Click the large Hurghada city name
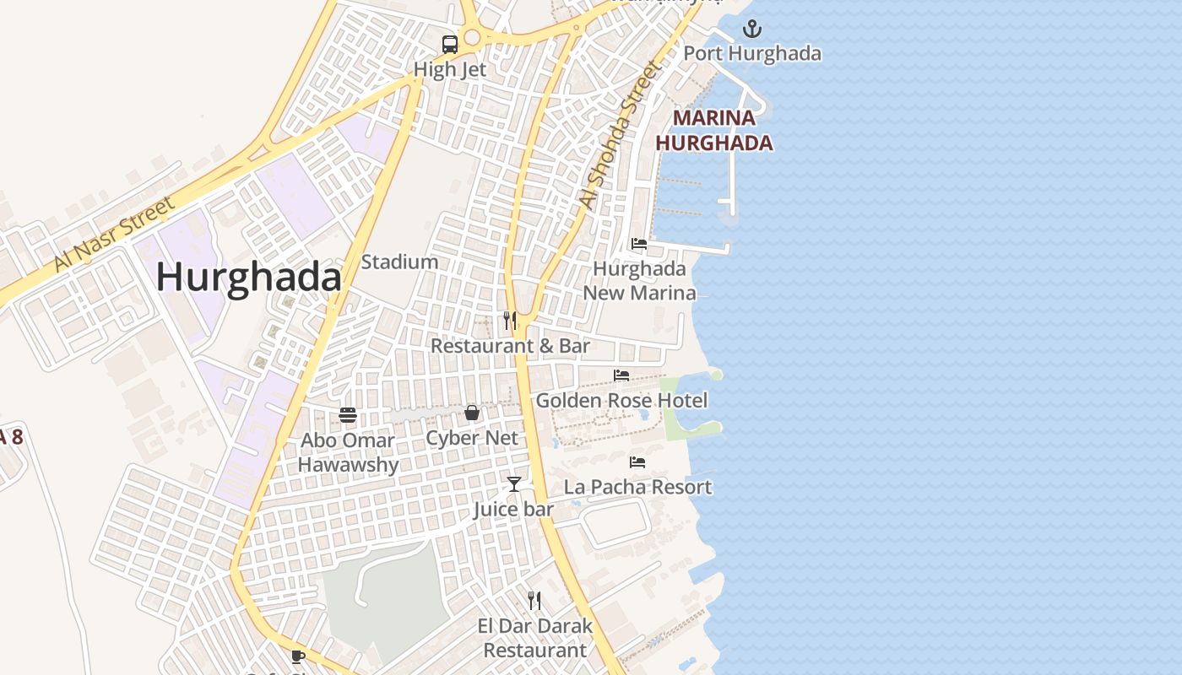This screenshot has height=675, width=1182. [x=248, y=278]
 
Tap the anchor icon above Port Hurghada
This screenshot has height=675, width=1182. [x=751, y=30]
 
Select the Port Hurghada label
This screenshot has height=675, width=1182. [x=751, y=53]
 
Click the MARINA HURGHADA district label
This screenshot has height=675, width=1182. [x=714, y=131]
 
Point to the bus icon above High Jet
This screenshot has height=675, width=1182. [x=450, y=45]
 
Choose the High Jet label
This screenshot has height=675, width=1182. [x=450, y=70]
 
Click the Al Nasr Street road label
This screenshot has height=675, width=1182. [x=114, y=234]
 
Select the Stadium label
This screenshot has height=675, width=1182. [x=399, y=262]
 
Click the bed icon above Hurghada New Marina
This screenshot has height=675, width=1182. [x=639, y=245]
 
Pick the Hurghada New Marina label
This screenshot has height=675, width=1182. [x=639, y=281]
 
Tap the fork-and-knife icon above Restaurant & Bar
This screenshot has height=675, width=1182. [x=510, y=321]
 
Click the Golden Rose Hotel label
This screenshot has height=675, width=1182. [x=621, y=400]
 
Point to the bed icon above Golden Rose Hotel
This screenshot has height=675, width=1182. [x=621, y=375]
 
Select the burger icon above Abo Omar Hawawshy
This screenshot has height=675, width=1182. [x=348, y=414]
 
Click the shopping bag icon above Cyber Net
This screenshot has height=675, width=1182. [x=472, y=413]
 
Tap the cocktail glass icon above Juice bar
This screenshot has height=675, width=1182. [x=513, y=484]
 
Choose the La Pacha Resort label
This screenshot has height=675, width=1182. [x=637, y=487]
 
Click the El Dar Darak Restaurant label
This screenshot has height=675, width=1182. [x=534, y=638]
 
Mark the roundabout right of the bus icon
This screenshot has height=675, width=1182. [x=471, y=37]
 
